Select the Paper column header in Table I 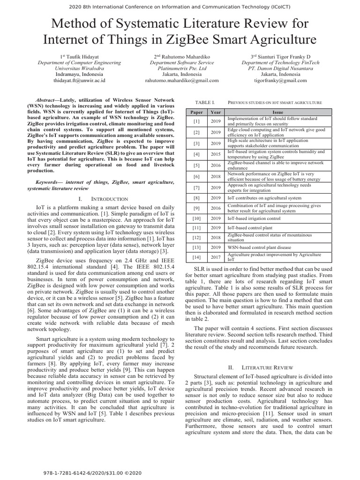(x=196, y=112)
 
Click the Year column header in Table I (x=216, y=112)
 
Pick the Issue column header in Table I (x=278, y=112)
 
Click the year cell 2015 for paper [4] (x=216, y=154)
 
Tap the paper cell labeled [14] (x=196, y=257)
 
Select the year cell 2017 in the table (x=216, y=257)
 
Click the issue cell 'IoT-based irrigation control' (x=254, y=218)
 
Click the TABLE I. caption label (x=204, y=102)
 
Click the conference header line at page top (x=180, y=6)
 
